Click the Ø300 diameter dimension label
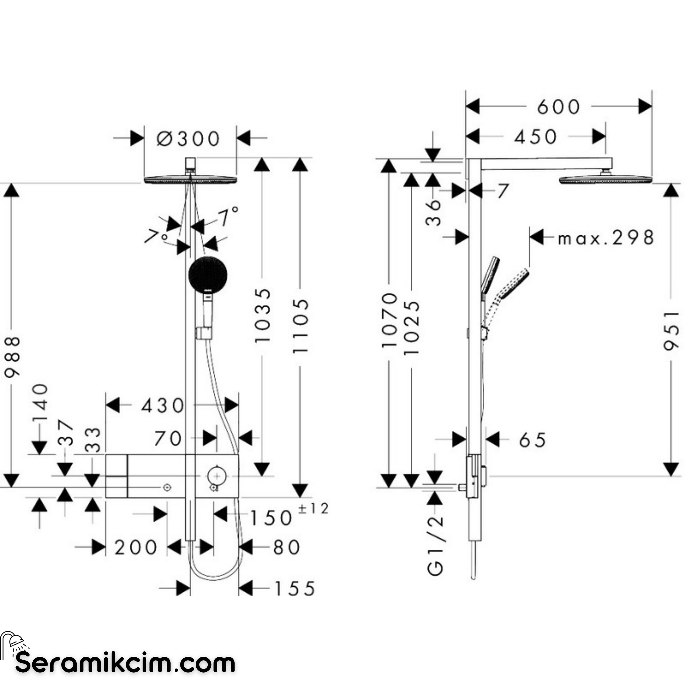tap(188, 139)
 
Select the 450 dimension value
tap(536, 137)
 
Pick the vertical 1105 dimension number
tap(300, 326)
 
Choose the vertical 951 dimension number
tap(671, 331)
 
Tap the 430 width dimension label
tap(163, 406)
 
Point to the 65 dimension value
tap(532, 440)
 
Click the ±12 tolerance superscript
tap(313, 509)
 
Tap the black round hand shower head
tap(208, 274)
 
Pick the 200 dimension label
tap(136, 547)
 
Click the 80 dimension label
tap(286, 547)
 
